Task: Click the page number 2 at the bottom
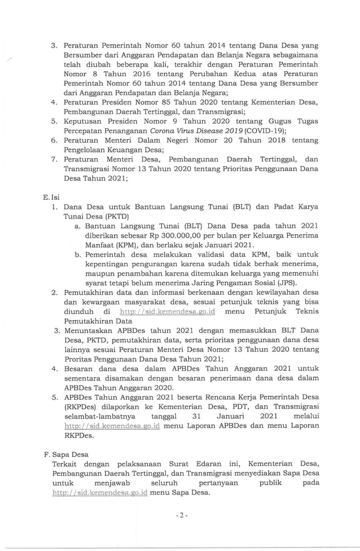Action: coord(181,516)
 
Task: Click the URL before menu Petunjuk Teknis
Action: coord(169,312)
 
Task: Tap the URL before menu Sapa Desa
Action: coord(99,492)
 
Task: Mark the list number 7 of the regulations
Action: coord(54,160)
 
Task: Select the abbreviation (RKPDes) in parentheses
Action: coord(82,408)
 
